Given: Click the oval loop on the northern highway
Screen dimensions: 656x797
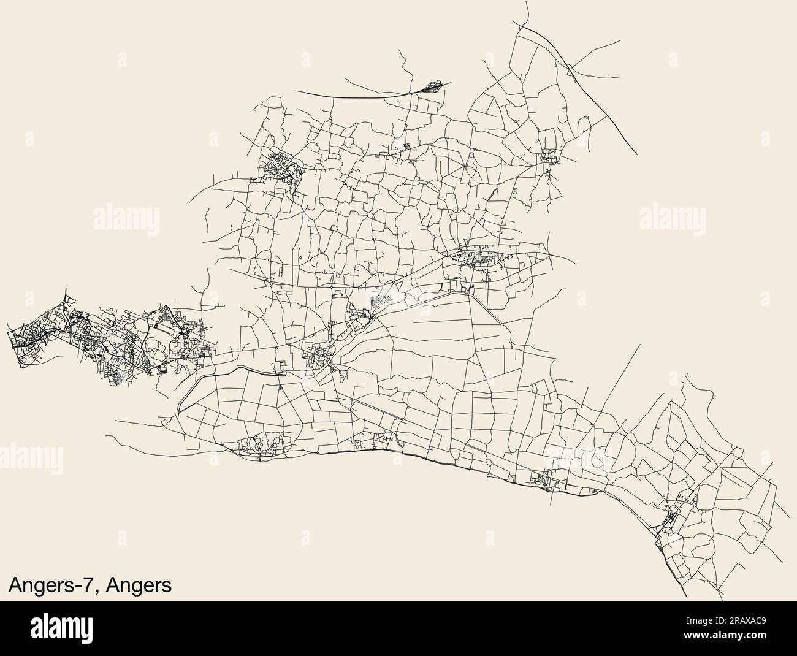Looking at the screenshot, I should [x=431, y=86].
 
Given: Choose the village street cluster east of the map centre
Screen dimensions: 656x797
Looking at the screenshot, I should [x=475, y=262].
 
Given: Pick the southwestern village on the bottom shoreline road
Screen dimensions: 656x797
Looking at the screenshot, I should [x=261, y=444].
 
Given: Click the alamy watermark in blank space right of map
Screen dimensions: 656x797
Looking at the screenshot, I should [x=674, y=217].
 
